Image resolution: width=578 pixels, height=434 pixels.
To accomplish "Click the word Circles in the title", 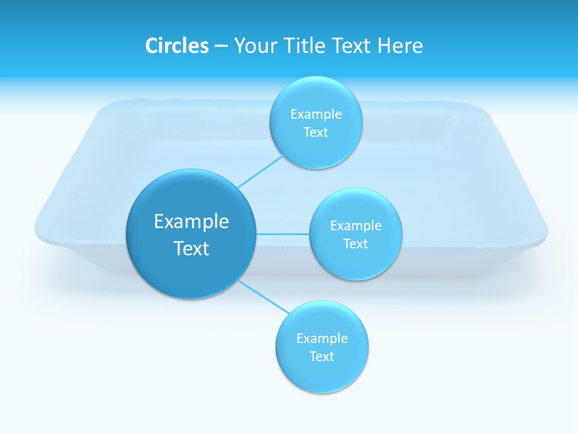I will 176,46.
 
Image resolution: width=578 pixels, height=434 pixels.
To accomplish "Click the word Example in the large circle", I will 191,222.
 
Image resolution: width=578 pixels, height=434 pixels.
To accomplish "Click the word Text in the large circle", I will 191,248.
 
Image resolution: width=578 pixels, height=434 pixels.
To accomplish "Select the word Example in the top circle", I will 316,115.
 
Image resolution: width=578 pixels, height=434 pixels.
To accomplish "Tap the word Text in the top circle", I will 316,133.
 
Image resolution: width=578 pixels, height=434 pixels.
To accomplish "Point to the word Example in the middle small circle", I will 356,226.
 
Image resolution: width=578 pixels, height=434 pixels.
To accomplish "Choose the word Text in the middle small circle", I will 356,244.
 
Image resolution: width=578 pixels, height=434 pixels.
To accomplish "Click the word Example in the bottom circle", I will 322,339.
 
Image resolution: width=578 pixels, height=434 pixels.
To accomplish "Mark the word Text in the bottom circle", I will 322,357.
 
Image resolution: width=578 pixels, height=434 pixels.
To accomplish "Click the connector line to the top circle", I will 260,171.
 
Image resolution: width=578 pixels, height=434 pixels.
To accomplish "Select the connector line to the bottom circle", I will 264,296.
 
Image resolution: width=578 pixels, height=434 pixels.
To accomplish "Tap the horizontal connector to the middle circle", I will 283,233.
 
